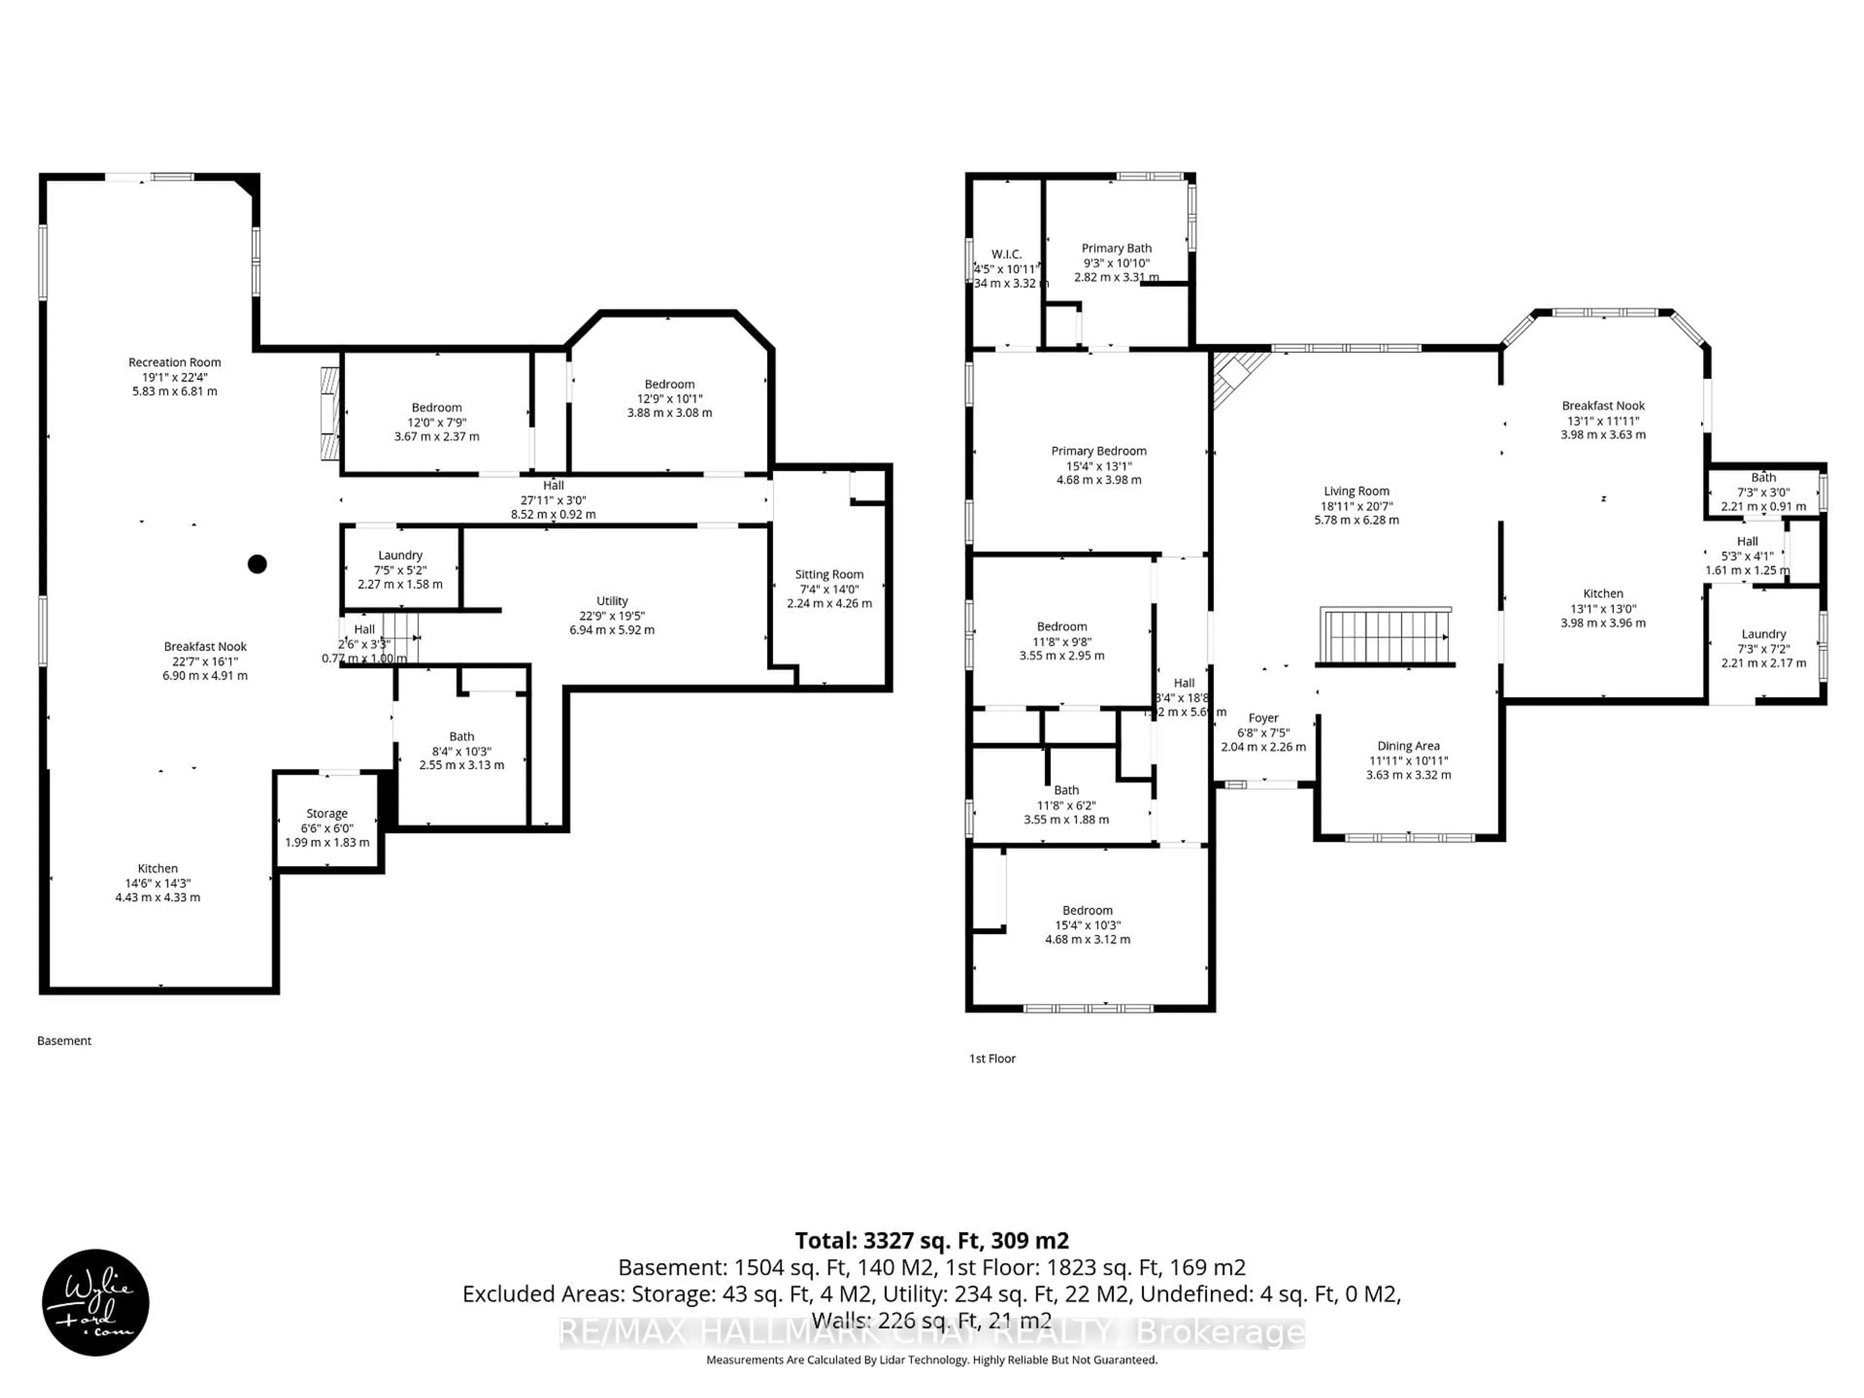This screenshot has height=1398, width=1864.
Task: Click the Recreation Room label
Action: [x=174, y=362]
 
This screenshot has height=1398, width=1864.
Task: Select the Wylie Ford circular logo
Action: [x=95, y=1303]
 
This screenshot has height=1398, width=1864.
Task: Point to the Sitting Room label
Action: [x=829, y=575]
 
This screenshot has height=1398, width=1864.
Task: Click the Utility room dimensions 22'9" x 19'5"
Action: [x=612, y=616]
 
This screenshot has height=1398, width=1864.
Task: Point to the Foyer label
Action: [x=1263, y=718]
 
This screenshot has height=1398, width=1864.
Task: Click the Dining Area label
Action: [x=1408, y=746]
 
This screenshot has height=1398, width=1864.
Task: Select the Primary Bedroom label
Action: [x=1099, y=451]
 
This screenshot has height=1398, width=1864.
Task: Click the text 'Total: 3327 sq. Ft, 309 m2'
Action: [x=932, y=1240]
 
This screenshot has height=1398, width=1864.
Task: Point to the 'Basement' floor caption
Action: [x=64, y=1041]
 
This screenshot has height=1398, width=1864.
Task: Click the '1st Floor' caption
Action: [x=992, y=1058]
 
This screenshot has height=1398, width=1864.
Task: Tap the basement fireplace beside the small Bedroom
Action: [x=330, y=413]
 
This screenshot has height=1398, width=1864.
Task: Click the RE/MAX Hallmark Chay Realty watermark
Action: [x=932, y=1332]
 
